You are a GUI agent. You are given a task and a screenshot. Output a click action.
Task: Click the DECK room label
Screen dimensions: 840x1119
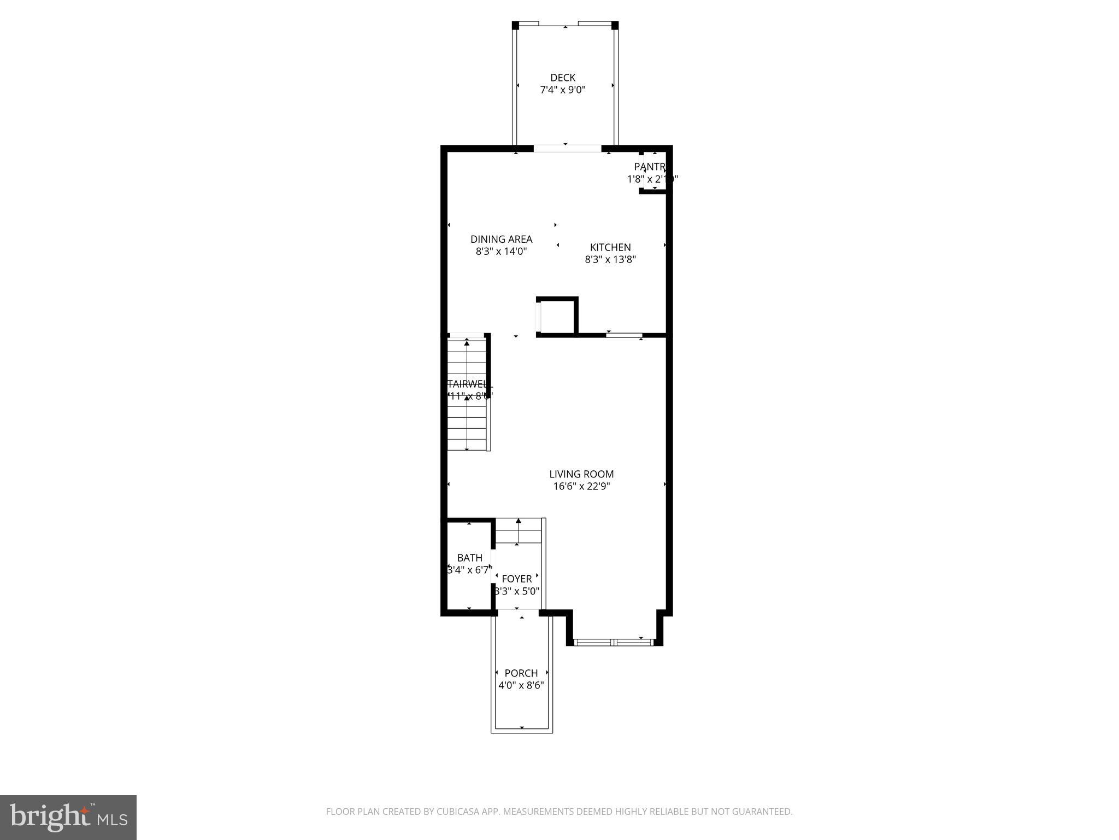pyautogui.click(x=563, y=78)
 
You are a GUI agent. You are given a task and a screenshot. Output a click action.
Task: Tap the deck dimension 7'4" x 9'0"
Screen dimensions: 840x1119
pyautogui.click(x=563, y=90)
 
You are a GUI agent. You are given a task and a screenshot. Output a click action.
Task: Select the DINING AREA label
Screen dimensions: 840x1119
pyautogui.click(x=501, y=239)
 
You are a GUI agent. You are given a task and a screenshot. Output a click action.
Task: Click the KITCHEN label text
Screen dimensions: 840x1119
pyautogui.click(x=610, y=247)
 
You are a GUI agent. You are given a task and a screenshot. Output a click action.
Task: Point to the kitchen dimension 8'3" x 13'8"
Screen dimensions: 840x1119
pyautogui.click(x=610, y=260)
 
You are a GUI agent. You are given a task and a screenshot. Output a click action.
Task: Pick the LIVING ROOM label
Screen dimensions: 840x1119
pyautogui.click(x=581, y=474)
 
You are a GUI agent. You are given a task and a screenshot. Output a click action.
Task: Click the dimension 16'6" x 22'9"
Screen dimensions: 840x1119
pyautogui.click(x=581, y=486)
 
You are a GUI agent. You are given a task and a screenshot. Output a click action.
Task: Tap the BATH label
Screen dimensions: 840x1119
pyautogui.click(x=469, y=558)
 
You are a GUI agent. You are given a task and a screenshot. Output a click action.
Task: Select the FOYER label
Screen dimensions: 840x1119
pyautogui.click(x=516, y=579)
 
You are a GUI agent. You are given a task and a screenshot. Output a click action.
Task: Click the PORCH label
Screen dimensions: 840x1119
pyautogui.click(x=521, y=673)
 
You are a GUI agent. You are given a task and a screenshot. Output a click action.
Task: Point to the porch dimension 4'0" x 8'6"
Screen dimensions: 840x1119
pyautogui.click(x=521, y=685)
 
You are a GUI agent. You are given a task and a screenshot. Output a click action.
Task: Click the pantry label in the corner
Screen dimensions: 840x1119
pyautogui.click(x=650, y=167)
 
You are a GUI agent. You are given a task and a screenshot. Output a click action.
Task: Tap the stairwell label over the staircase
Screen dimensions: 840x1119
pyautogui.click(x=469, y=384)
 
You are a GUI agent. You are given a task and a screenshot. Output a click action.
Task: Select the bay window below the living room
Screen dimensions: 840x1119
pyautogui.click(x=615, y=642)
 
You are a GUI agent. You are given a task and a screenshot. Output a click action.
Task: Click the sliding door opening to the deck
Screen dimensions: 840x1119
pyautogui.click(x=567, y=148)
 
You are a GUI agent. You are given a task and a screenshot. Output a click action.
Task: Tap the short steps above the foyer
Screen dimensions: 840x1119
pyautogui.click(x=517, y=531)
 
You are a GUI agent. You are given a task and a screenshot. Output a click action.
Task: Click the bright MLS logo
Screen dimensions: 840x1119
pyautogui.click(x=68, y=817)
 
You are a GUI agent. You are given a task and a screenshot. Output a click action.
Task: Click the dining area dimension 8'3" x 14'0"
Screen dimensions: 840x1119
pyautogui.click(x=501, y=252)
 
